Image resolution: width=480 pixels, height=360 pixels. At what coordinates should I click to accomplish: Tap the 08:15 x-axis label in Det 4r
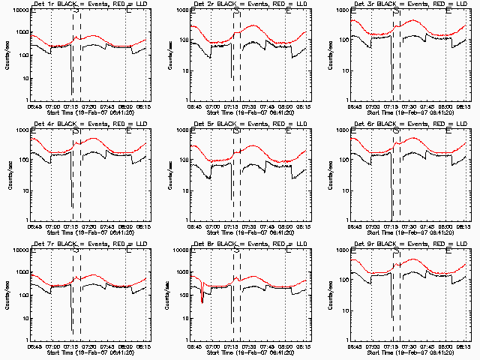tap(146, 226)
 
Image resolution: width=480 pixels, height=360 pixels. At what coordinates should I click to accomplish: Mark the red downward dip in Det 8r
tap(202, 295)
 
